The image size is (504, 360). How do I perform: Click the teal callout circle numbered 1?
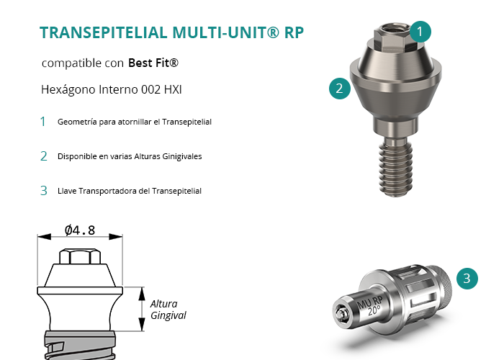(420, 32)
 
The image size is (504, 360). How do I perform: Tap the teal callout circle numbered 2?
(339, 89)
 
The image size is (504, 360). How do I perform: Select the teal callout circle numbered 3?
(467, 279)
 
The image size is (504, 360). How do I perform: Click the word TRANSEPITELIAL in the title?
(104, 33)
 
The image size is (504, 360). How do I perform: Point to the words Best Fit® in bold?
(153, 63)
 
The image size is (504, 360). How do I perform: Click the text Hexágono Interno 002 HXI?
(111, 90)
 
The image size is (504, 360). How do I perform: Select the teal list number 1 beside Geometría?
(42, 122)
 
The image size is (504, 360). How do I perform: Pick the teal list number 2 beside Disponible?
(44, 156)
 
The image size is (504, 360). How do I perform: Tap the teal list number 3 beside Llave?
(44, 191)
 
